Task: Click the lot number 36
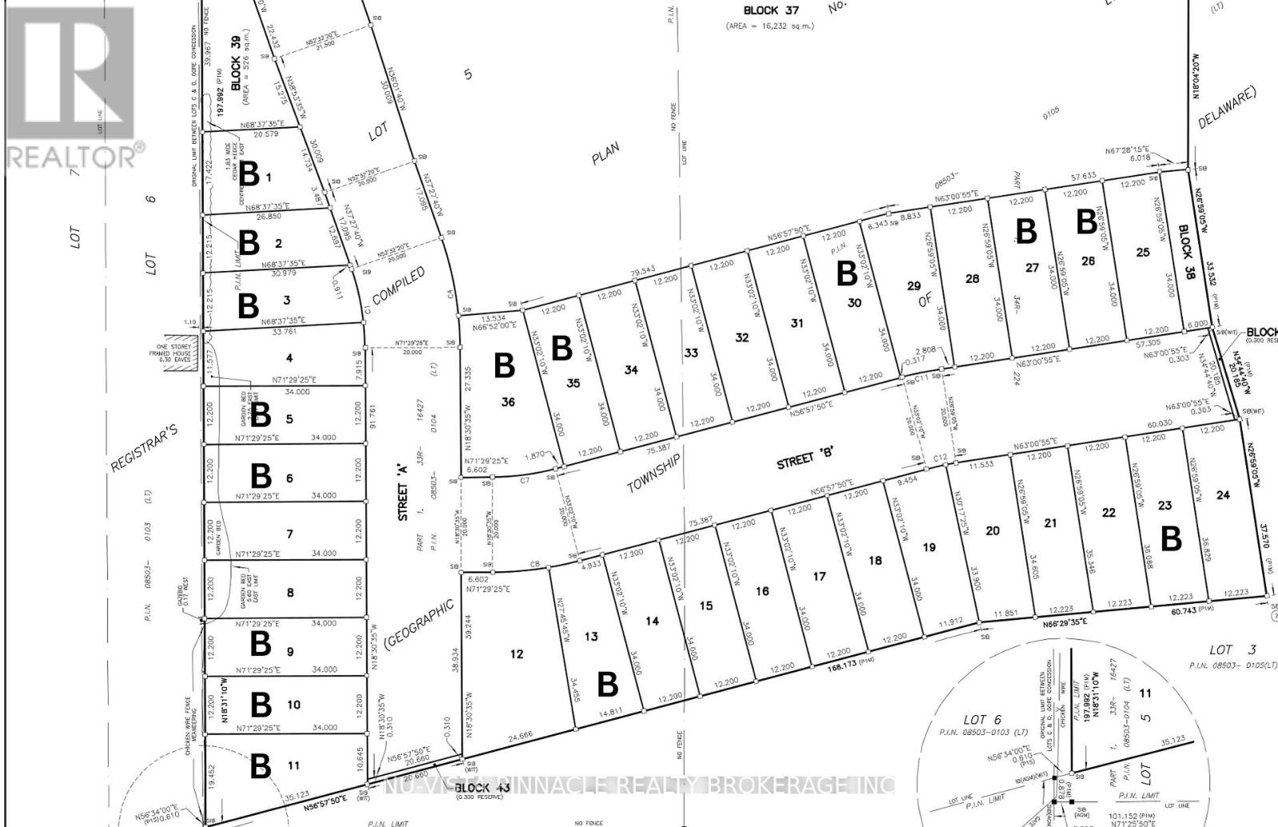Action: (x=508, y=402)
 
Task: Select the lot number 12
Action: (x=517, y=654)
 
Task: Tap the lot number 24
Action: (x=1223, y=495)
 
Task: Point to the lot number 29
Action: (x=914, y=286)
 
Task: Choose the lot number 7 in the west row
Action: (x=290, y=534)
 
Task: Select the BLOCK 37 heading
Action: (x=770, y=11)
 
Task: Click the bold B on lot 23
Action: (x=1170, y=539)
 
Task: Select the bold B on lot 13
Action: (x=607, y=684)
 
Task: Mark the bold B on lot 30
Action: (x=846, y=274)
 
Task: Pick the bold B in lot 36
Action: (x=503, y=366)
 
